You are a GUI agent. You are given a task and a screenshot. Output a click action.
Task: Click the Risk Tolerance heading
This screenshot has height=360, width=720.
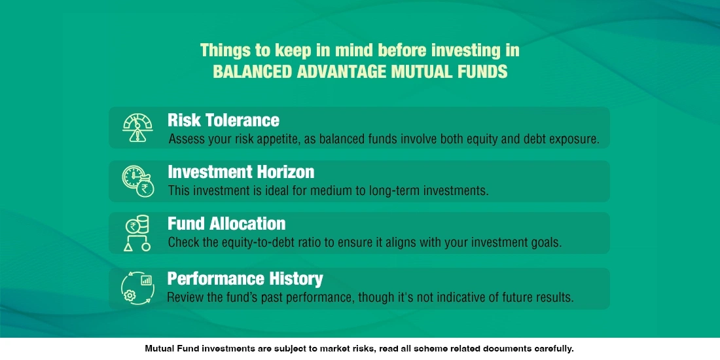(223, 120)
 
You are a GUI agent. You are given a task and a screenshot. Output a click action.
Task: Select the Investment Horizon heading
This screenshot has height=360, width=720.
(241, 172)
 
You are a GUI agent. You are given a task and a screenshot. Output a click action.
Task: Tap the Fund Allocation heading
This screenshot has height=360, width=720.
(226, 224)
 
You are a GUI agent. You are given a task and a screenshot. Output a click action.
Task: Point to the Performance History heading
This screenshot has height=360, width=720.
(245, 279)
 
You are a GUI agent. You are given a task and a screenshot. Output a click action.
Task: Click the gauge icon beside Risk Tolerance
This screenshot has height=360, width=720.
(137, 128)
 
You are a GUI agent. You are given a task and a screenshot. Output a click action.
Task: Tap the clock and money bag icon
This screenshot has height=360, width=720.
(137, 180)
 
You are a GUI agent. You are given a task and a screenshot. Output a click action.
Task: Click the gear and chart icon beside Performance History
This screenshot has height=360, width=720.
(137, 287)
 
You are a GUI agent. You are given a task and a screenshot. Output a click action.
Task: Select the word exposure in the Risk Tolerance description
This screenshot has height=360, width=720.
(571, 139)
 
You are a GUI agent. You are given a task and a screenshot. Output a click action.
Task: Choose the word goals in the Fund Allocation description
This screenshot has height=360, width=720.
(545, 243)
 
